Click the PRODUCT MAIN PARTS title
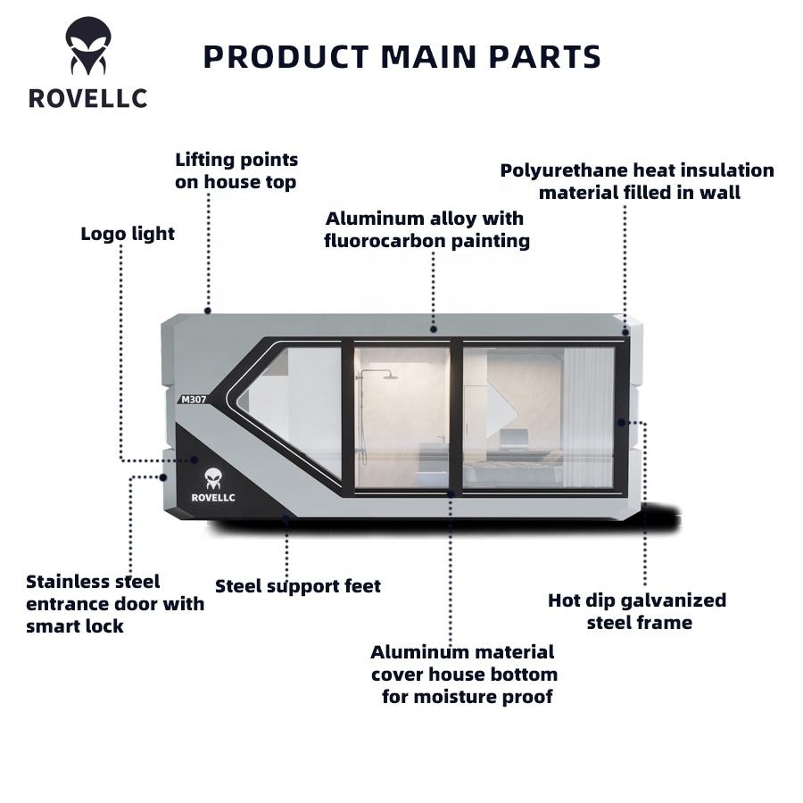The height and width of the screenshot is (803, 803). pos(401,56)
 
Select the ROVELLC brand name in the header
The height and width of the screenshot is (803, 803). pos(87,98)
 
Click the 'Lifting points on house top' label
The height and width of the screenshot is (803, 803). pos(236,170)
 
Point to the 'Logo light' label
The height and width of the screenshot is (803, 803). pos(128,234)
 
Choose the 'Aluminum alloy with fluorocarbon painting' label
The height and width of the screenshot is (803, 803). pos(426,229)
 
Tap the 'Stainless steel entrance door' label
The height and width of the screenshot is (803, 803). pos(115,603)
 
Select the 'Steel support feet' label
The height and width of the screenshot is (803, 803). pos(298,586)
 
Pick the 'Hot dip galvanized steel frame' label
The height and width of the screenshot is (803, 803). pos(637,611)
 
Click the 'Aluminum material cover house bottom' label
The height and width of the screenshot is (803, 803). pos(464,674)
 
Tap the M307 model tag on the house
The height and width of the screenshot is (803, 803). pos(194,399)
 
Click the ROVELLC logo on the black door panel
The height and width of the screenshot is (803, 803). pos(213,485)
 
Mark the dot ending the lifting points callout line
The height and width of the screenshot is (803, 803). pos(208,310)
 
